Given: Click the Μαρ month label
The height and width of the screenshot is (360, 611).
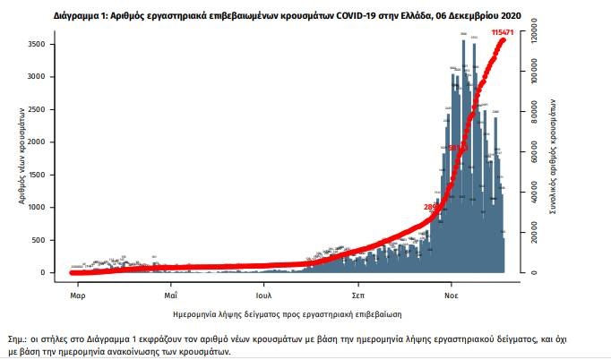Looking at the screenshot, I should (77, 293).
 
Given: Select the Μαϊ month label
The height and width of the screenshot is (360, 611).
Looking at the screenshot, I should (170, 293).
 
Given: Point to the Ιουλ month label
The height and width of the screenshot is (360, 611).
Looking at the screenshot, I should (262, 293).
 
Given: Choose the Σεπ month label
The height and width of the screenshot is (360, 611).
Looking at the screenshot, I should (357, 293).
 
